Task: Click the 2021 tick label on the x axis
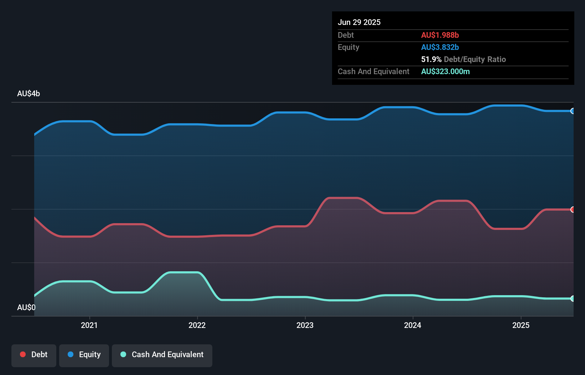click(x=89, y=325)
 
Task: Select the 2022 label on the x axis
click(x=197, y=325)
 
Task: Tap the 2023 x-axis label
click(x=305, y=325)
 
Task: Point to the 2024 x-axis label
click(x=413, y=325)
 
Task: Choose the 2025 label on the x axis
click(x=521, y=325)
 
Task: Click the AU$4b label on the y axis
click(x=29, y=94)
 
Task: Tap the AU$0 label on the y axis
click(x=26, y=307)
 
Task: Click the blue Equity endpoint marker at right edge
click(x=573, y=111)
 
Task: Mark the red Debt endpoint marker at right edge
click(x=573, y=210)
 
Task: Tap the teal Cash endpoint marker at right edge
click(x=573, y=299)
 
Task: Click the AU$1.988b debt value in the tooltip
click(x=440, y=35)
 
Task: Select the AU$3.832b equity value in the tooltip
click(x=440, y=47)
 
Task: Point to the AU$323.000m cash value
click(x=445, y=71)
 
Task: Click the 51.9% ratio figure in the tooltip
click(x=431, y=59)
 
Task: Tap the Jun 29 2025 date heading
click(x=359, y=22)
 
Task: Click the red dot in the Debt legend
click(x=23, y=354)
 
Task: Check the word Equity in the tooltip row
click(x=348, y=47)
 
